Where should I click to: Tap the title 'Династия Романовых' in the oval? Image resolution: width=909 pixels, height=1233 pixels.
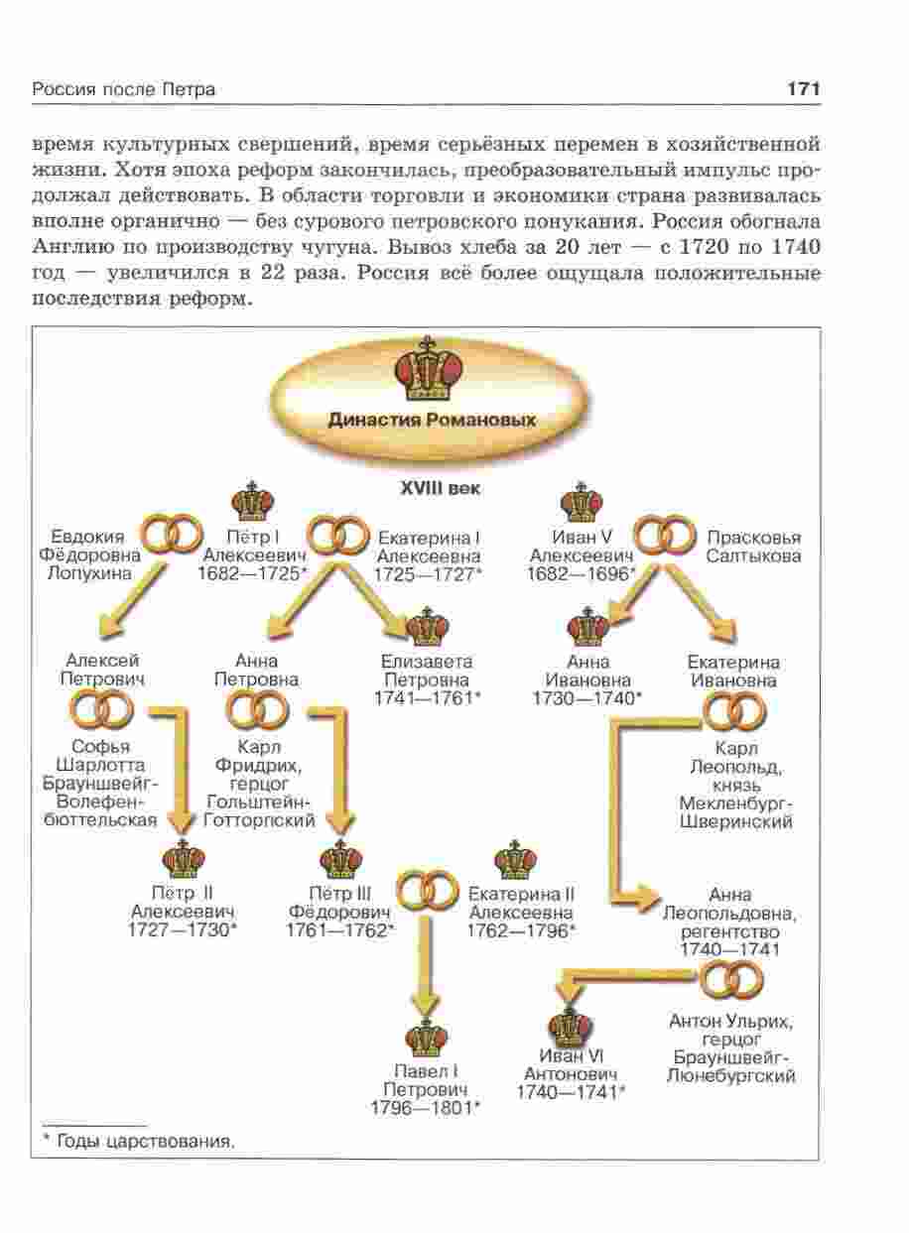click(432, 419)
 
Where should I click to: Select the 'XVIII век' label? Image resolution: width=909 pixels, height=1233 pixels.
click(433, 488)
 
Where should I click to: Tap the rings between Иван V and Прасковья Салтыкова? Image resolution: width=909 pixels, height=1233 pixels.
click(663, 537)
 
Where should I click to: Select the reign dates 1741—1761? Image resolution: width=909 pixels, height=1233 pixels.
click(428, 698)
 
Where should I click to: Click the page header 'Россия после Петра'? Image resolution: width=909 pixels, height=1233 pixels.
click(124, 90)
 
